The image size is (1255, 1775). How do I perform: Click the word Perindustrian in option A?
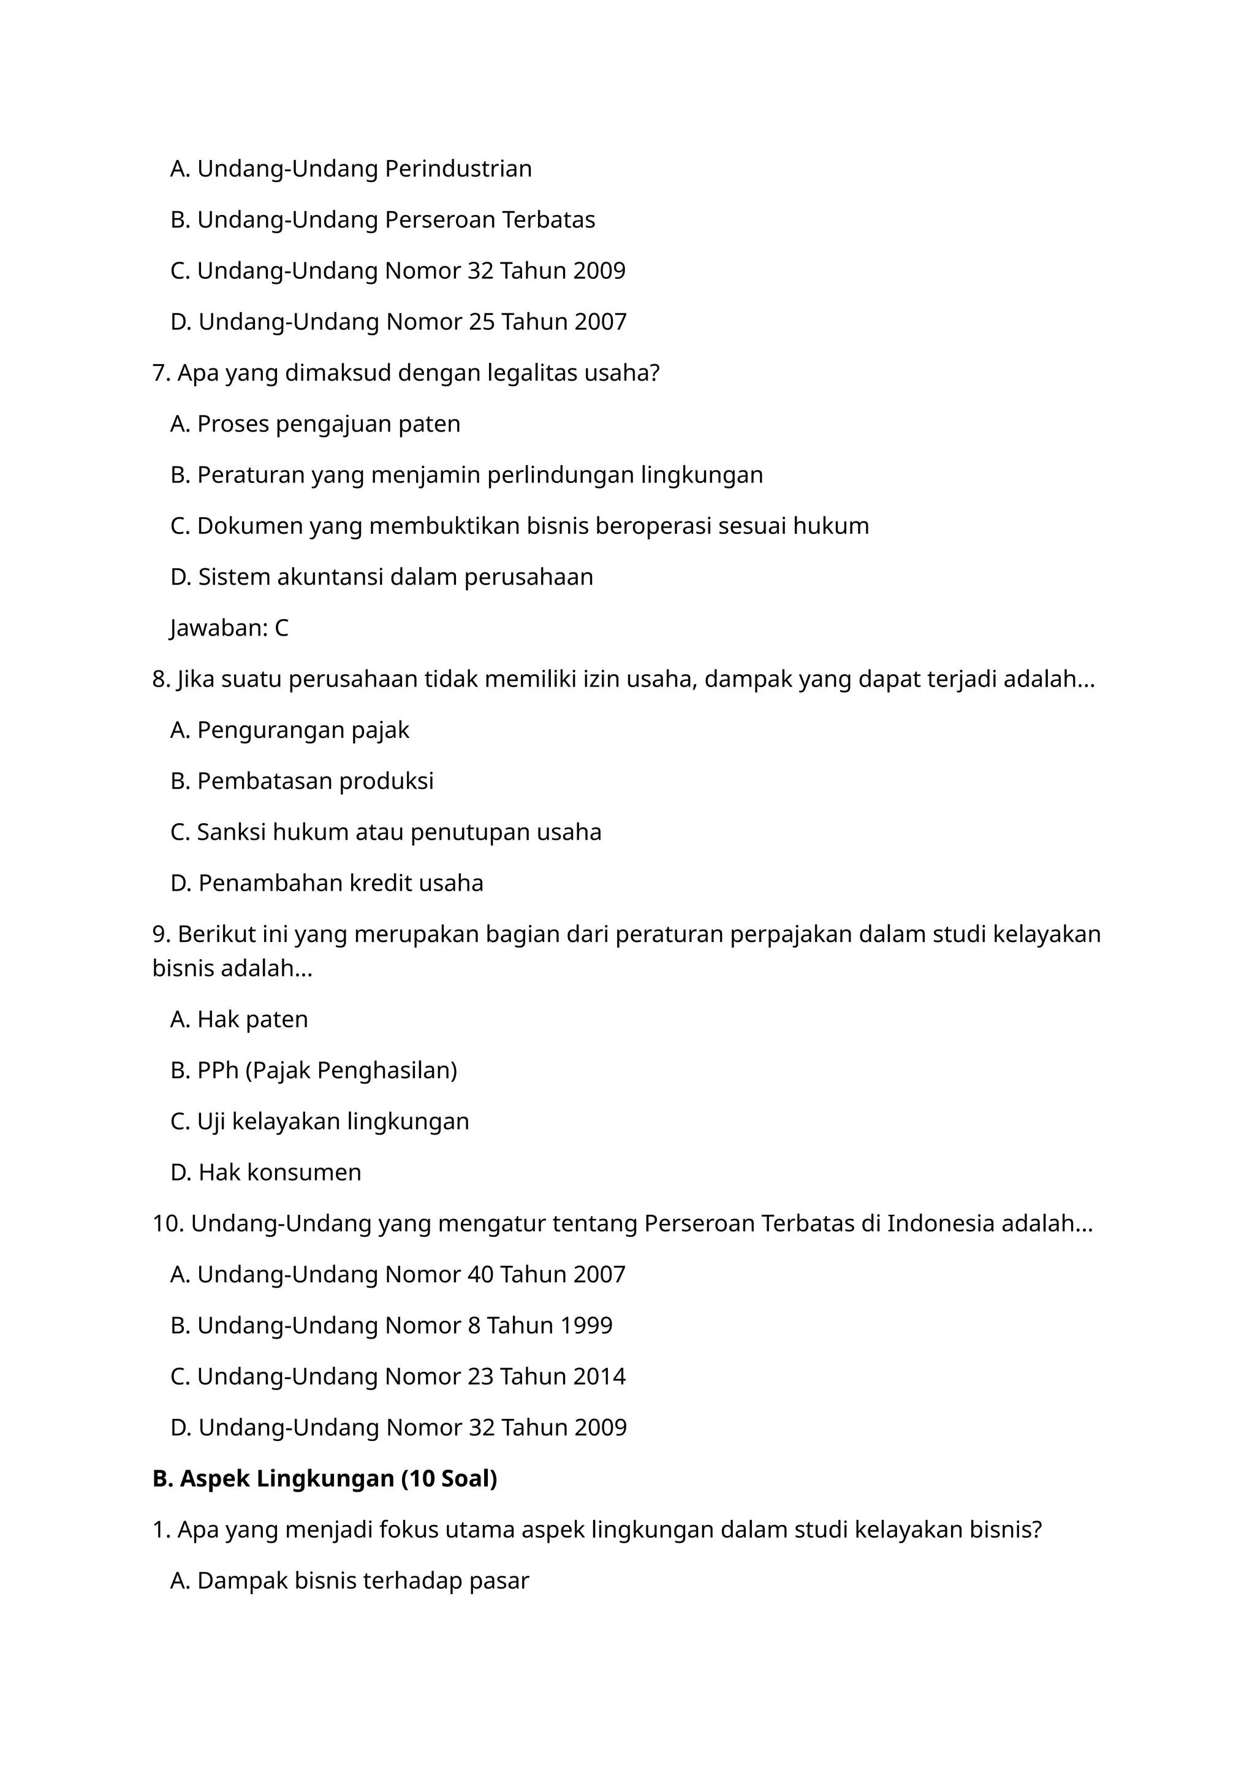pyautogui.click(x=458, y=169)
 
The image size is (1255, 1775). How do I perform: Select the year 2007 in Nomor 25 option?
pyautogui.click(x=601, y=322)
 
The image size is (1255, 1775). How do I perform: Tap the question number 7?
pyautogui.click(x=160, y=373)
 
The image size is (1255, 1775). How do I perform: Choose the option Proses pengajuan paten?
pyautogui.click(x=316, y=424)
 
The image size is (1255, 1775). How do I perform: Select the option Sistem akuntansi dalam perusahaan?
pyautogui.click(x=382, y=577)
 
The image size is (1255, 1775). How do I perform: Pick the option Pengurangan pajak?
pyautogui.click(x=290, y=730)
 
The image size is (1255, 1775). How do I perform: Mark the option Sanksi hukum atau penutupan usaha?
pyautogui.click(x=385, y=832)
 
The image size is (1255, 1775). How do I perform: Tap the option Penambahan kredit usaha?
pyautogui.click(x=327, y=883)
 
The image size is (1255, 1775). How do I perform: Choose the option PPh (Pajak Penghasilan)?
pyautogui.click(x=314, y=1070)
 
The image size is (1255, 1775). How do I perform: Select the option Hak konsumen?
pyautogui.click(x=266, y=1172)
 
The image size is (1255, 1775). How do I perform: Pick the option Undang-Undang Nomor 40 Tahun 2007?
pyautogui.click(x=398, y=1274)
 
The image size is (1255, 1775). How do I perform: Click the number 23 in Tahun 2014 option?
pyautogui.click(x=480, y=1376)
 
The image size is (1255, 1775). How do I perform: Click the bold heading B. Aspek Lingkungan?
pyautogui.click(x=325, y=1478)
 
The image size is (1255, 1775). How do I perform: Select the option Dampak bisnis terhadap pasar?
pyautogui.click(x=349, y=1580)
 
